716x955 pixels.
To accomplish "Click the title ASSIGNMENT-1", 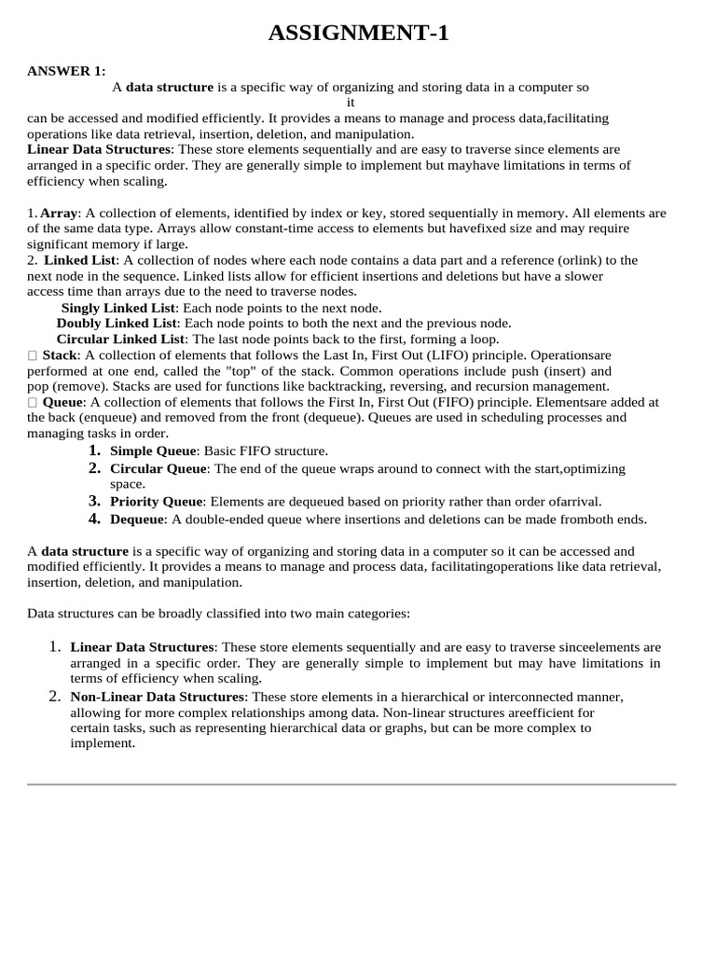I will (359, 35).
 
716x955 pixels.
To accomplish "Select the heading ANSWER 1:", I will (66, 71).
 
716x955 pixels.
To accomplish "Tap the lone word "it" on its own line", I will (351, 103).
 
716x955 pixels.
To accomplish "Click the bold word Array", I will (60, 214).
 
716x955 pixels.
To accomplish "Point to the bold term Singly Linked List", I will (118, 308).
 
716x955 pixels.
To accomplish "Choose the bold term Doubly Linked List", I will (117, 324).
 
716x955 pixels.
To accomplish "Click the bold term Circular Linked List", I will (121, 339).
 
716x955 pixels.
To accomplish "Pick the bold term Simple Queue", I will (153, 451).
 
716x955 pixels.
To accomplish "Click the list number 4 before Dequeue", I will (94, 519).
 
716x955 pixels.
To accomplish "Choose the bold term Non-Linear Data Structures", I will (158, 698).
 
